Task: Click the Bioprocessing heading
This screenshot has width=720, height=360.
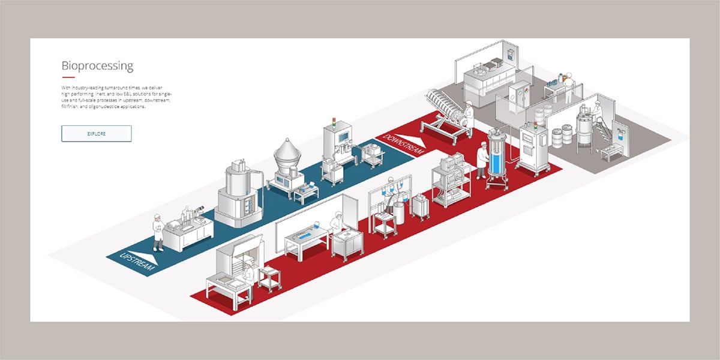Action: click(x=97, y=66)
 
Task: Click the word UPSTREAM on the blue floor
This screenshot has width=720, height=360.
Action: click(x=138, y=262)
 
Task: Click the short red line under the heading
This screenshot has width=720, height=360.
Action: click(x=68, y=78)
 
